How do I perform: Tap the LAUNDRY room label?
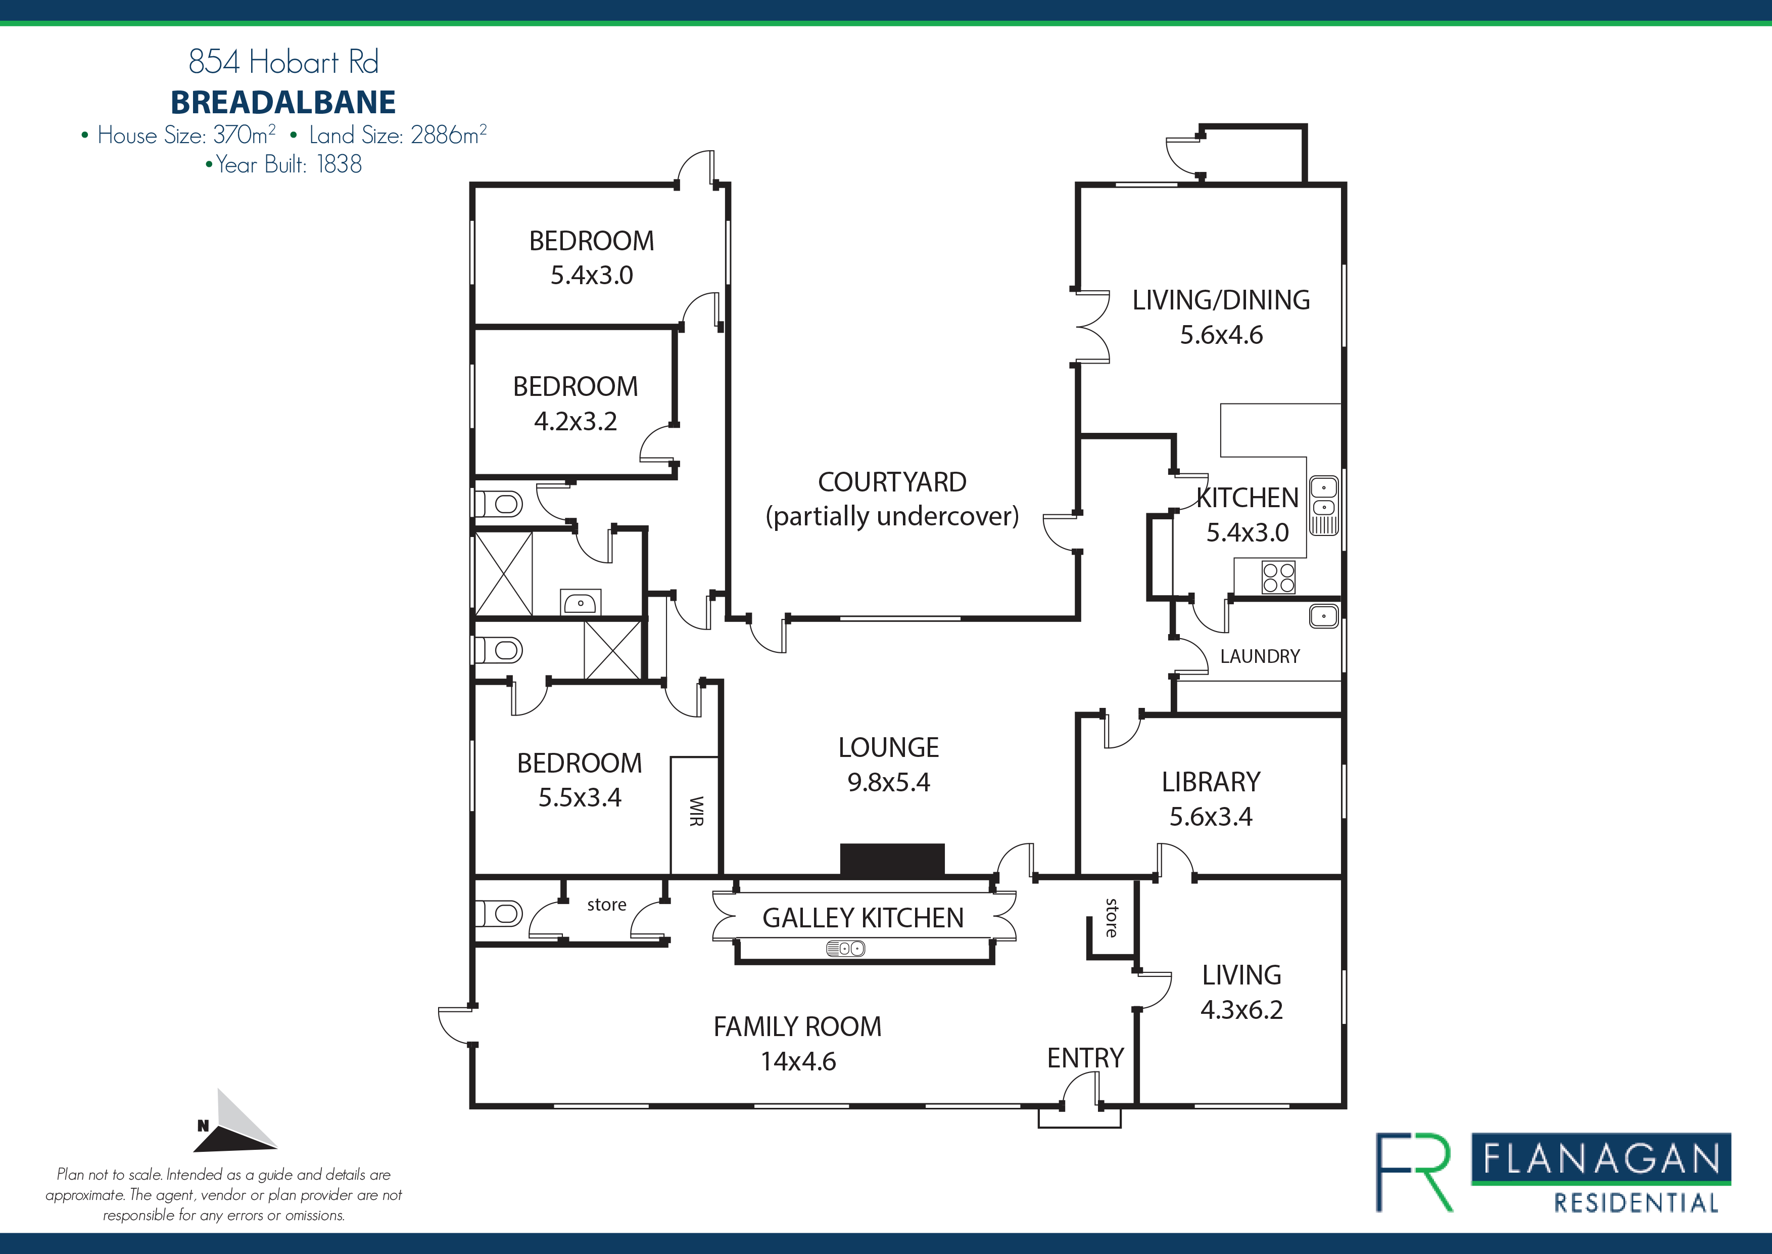point(1260,656)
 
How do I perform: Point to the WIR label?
point(696,811)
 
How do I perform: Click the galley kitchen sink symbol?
point(845,948)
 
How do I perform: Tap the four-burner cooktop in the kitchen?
point(1278,577)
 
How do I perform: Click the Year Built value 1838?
point(339,164)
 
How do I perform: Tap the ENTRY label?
point(1085,1058)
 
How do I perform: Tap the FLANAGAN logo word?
point(1601,1159)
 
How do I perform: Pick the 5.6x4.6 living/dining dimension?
point(1221,335)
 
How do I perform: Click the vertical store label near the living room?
point(1112,917)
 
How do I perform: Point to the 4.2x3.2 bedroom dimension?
point(575,422)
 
